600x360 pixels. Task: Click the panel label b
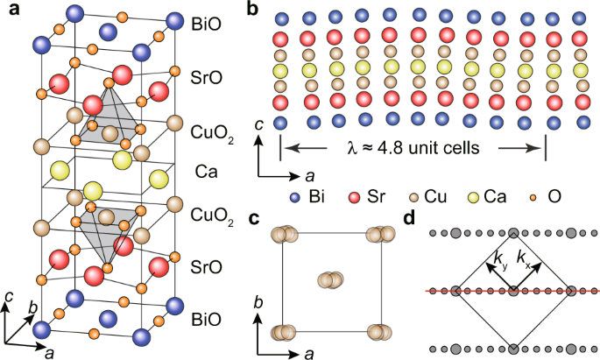tap(252, 10)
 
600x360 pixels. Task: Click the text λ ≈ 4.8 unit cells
tap(413, 148)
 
